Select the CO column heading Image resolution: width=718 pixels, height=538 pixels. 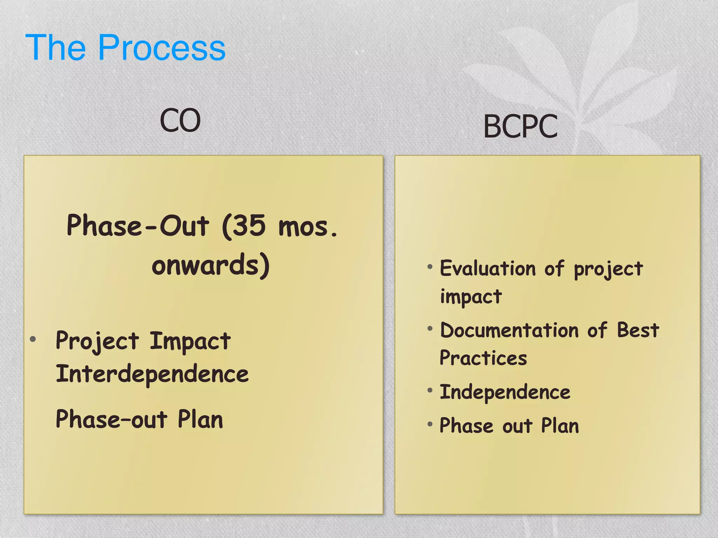180,120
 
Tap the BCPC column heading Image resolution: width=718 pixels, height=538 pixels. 520,126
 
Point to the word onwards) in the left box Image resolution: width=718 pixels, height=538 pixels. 211,265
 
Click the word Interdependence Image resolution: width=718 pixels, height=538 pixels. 152,374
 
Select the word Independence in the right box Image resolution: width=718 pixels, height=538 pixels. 505,392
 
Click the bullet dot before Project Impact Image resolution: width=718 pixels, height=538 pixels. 33,339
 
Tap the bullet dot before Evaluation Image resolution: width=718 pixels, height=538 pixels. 430,267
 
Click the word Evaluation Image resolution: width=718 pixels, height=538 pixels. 488,269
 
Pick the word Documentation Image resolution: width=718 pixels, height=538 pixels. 509,331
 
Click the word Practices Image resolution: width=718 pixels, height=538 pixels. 483,358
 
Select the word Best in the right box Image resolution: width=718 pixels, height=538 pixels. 638,330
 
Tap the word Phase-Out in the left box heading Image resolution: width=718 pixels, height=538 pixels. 138,226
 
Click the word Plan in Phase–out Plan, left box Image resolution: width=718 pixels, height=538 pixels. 200,419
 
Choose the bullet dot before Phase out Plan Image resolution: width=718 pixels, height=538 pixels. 430,424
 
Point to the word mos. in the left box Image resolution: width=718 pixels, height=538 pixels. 308,227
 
